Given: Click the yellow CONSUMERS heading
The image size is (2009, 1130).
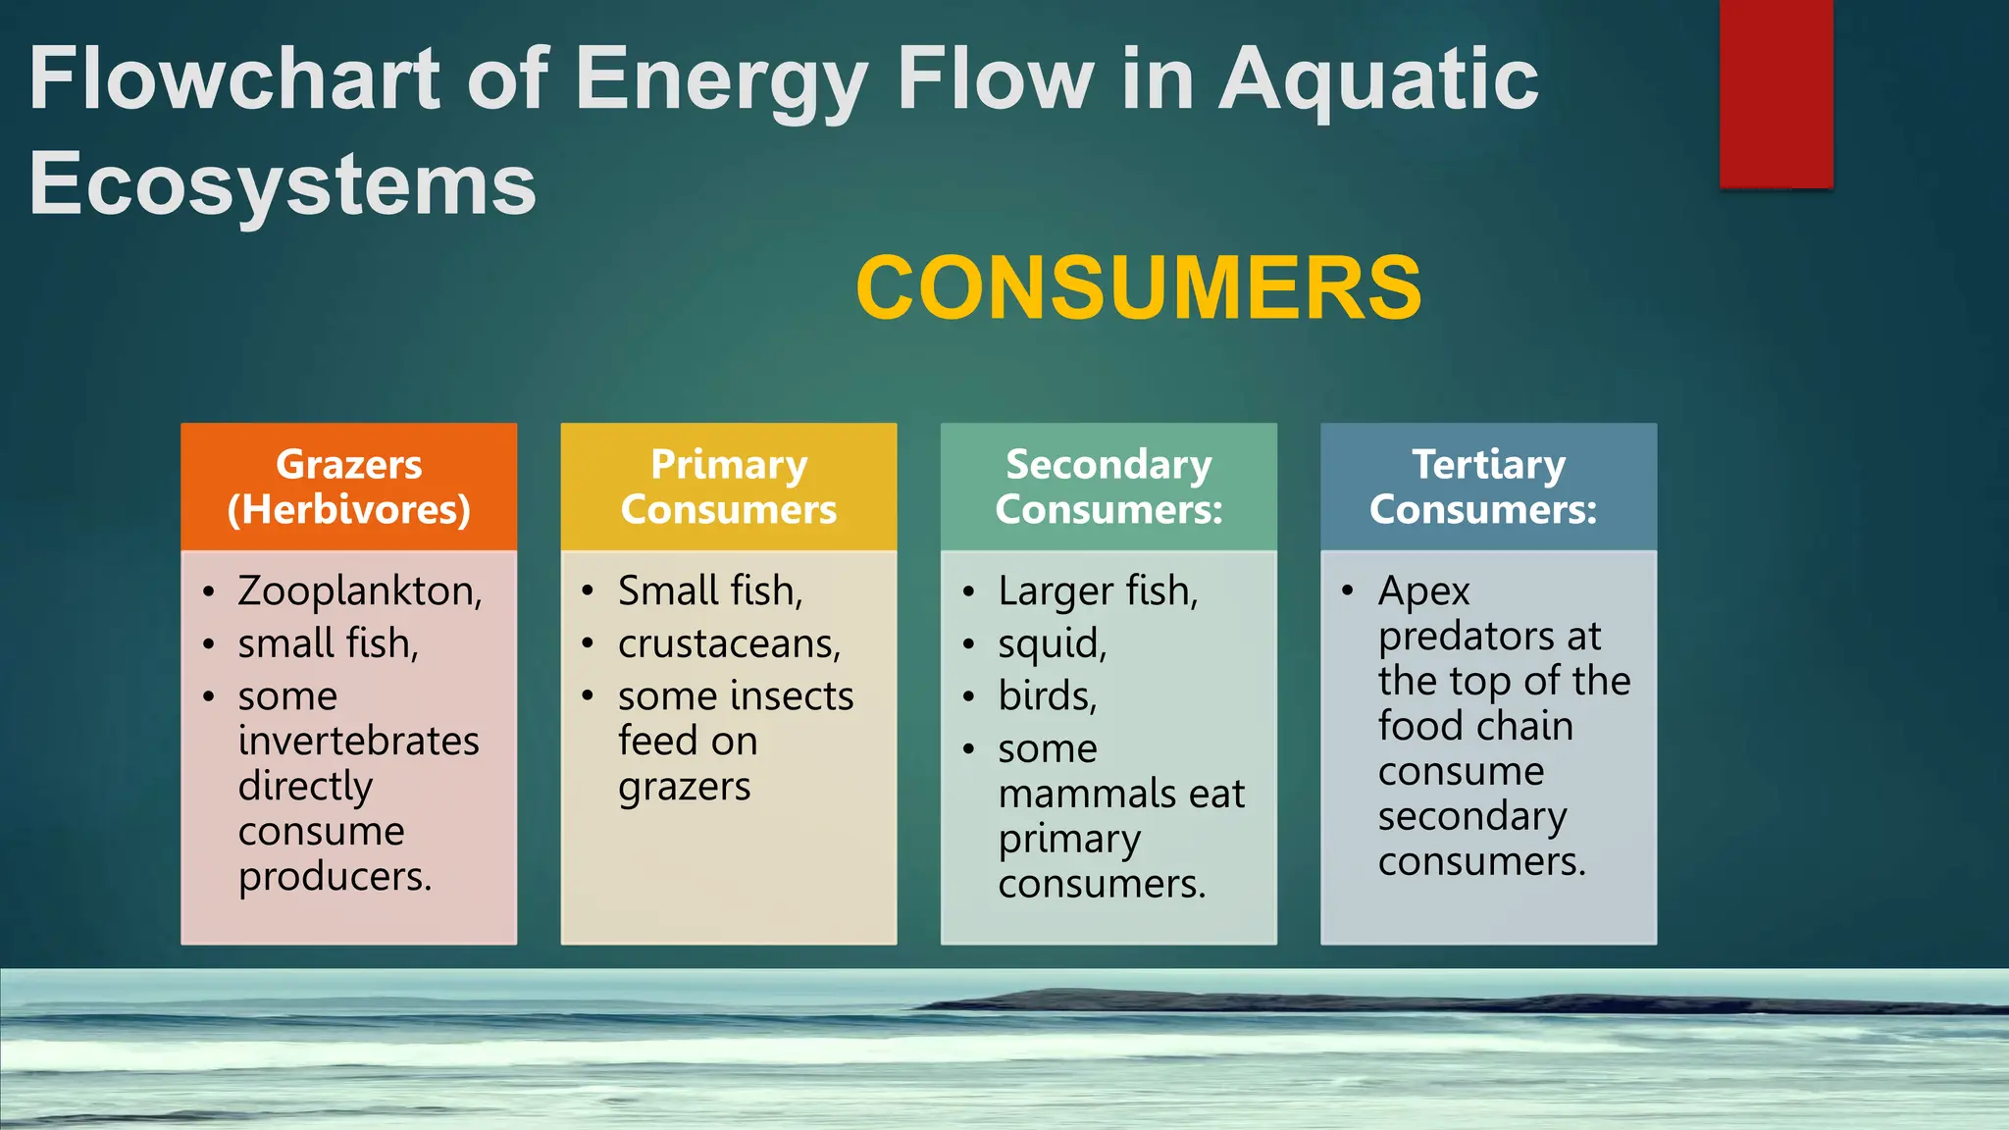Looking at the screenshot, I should point(1138,287).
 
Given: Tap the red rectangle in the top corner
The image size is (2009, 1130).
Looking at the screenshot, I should point(1776,93).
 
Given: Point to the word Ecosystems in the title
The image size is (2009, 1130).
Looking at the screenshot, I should point(283,183).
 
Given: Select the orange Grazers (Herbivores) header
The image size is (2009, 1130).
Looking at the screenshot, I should point(349,487).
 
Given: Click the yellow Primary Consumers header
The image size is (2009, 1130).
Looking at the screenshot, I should point(729,487).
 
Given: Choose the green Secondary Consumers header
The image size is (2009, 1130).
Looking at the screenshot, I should point(1108,487).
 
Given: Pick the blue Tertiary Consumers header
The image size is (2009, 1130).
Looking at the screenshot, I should point(1488,487).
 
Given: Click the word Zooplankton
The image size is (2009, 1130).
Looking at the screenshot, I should point(358,591).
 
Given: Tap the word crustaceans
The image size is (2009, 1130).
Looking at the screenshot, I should point(728,644).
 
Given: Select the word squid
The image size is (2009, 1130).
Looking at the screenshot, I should point(1051,644).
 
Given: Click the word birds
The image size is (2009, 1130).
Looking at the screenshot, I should point(1046,696).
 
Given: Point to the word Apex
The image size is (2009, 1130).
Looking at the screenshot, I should point(1423,592).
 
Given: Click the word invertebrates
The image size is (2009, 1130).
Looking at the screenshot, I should point(359,741).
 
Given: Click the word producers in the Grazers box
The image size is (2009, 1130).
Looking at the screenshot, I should point(334,877).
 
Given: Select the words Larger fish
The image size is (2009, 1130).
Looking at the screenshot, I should point(1097,591).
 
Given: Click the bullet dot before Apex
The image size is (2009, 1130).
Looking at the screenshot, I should point(1348,591).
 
